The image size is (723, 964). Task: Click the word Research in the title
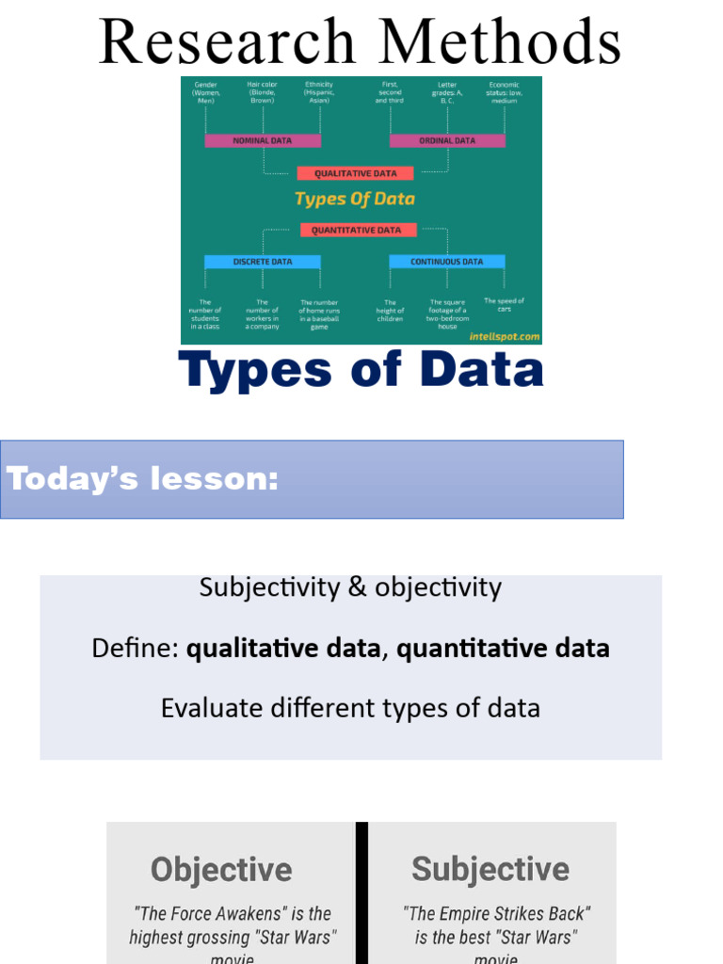225,42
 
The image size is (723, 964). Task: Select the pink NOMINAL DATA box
263,140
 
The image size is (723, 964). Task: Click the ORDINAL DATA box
447,140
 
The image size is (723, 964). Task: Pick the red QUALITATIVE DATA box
355,173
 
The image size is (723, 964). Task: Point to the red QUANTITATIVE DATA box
356,230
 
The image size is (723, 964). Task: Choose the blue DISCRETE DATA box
263,262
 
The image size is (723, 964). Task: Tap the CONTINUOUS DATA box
447,262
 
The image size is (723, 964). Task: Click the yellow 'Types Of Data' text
355,199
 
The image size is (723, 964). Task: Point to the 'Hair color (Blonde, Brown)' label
262,92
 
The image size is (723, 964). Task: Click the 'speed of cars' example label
505,304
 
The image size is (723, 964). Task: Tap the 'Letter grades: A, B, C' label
447,92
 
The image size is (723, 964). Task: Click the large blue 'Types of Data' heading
361,370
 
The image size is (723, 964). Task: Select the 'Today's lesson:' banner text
143,479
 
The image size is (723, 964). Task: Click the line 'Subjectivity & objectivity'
350,587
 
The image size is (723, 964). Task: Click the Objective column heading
221,869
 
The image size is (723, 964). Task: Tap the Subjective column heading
490,869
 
